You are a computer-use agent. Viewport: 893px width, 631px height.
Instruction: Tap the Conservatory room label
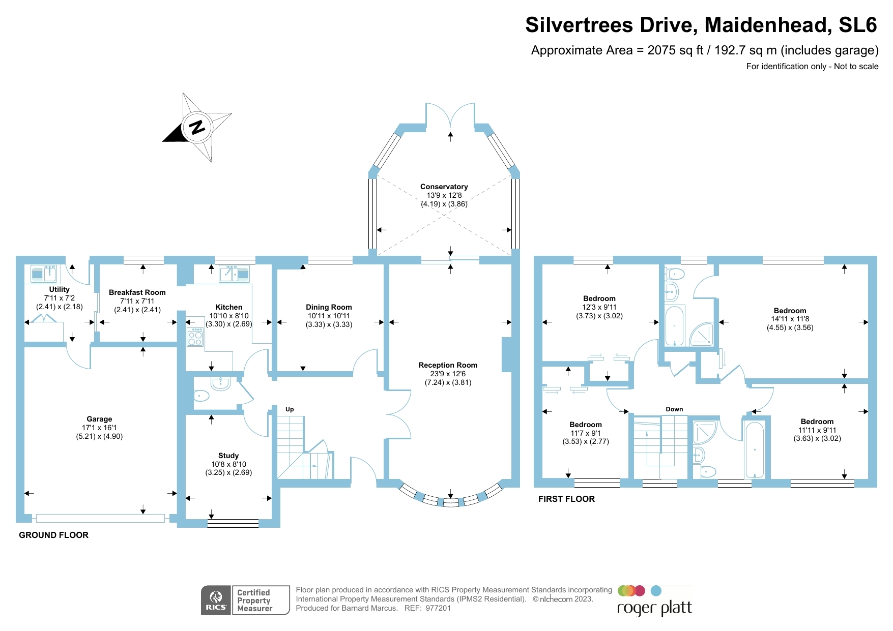[x=444, y=187]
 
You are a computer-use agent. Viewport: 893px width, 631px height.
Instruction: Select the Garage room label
[x=99, y=419]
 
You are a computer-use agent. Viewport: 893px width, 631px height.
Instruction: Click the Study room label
[x=228, y=456]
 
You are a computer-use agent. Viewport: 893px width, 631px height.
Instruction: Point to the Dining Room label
[x=329, y=307]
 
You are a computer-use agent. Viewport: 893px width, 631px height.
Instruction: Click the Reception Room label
[x=448, y=365]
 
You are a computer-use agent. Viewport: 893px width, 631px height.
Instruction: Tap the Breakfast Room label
[x=137, y=292]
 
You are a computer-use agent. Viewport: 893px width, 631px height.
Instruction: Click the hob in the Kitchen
[x=195, y=337]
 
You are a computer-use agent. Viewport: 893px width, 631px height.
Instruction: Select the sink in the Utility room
[x=44, y=274]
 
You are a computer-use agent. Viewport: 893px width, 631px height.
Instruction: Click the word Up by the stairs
[x=290, y=409]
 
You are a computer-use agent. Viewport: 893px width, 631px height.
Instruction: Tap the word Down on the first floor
[x=674, y=409]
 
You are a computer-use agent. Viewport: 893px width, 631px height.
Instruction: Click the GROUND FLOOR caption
[x=53, y=535]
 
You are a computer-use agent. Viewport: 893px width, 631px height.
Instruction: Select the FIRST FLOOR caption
[x=566, y=499]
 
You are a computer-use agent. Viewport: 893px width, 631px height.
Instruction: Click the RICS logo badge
[x=216, y=600]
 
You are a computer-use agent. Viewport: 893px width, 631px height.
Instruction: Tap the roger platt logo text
[x=654, y=608]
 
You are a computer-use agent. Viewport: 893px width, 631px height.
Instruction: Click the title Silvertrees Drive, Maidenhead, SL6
[x=701, y=25]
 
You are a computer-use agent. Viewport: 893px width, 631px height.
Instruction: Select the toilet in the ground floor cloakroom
[x=200, y=395]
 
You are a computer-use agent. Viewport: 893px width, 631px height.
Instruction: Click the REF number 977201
[x=438, y=608]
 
